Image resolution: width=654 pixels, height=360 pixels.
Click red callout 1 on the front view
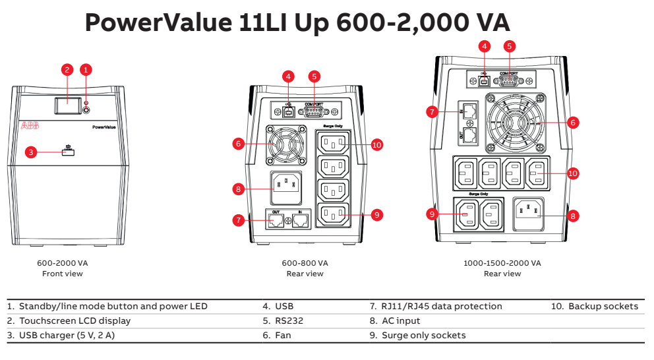point(86,69)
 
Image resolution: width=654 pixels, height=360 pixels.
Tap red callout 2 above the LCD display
point(66,69)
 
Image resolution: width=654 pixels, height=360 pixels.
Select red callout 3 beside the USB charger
point(30,152)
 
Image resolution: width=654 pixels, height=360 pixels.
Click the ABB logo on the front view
point(30,125)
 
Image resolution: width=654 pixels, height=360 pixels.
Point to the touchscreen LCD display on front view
point(64,104)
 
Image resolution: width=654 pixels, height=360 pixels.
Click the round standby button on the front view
point(86,104)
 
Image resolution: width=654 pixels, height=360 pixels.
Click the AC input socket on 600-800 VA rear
point(285,189)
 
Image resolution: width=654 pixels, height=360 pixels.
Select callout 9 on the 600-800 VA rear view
point(376,214)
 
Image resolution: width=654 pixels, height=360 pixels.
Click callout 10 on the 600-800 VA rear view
point(376,144)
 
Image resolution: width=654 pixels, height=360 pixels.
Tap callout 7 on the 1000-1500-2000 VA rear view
point(432,112)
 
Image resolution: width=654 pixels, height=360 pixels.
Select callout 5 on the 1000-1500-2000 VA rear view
point(509,46)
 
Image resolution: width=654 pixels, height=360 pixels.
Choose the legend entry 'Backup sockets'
point(603,306)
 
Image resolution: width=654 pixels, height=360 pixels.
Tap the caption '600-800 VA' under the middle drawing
point(305,262)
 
